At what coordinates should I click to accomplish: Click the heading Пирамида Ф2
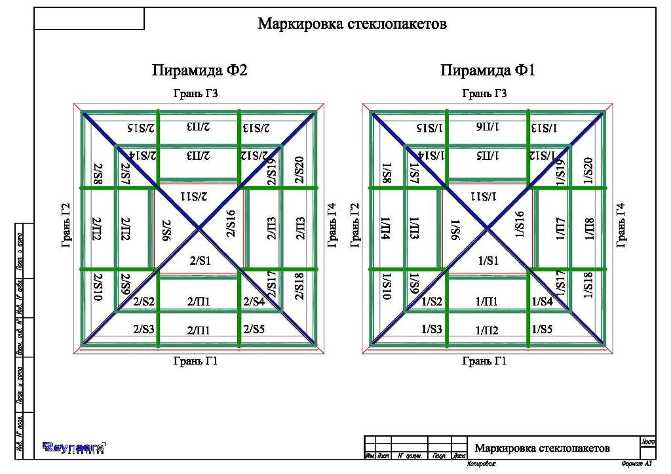click(x=200, y=70)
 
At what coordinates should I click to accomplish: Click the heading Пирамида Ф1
click(x=488, y=70)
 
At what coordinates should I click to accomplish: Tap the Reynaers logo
click(x=74, y=447)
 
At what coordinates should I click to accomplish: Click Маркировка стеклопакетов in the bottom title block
click(x=542, y=448)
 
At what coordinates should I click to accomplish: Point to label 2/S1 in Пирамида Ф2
click(x=200, y=260)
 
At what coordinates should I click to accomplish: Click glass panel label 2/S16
click(x=231, y=224)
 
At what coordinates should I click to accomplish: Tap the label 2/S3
click(x=144, y=330)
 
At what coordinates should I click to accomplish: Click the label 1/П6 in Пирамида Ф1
click(x=488, y=127)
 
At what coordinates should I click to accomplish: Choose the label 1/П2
click(x=488, y=330)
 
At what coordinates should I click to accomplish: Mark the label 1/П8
click(x=588, y=229)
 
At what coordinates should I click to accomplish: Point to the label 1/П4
click(x=385, y=229)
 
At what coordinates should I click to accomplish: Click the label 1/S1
click(x=488, y=260)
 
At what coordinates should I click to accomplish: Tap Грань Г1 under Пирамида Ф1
click(x=484, y=361)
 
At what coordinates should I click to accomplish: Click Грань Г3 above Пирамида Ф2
click(x=195, y=94)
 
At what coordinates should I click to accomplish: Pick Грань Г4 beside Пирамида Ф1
click(x=621, y=225)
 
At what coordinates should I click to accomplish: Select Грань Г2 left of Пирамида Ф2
click(x=66, y=225)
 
